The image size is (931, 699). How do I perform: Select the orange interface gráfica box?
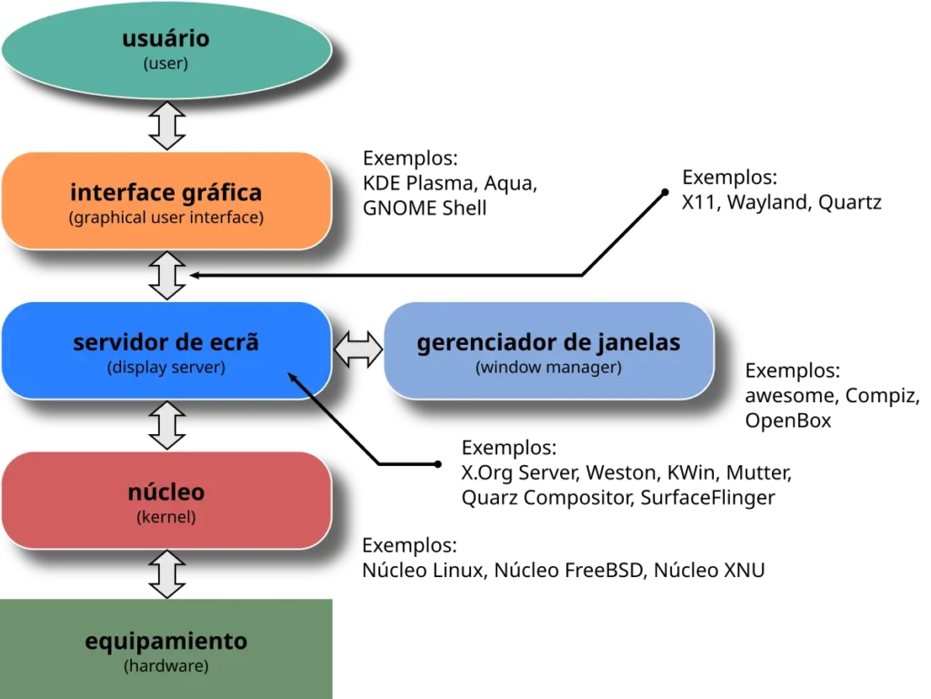(165, 200)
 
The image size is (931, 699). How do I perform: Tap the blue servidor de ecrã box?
(165, 349)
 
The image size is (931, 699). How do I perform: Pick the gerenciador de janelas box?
(547, 349)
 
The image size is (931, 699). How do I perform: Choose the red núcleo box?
(165, 501)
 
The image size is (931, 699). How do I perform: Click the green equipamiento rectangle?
(165, 648)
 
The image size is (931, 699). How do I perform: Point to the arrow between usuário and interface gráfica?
(167, 126)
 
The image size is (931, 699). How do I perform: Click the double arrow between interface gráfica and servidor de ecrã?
(167, 275)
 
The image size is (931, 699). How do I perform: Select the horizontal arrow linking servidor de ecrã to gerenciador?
(357, 349)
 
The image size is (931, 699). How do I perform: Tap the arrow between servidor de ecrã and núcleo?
(167, 425)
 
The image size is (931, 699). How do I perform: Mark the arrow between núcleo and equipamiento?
(167, 573)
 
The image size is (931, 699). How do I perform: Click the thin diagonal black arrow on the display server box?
(314, 398)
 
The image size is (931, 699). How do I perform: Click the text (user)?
(165, 65)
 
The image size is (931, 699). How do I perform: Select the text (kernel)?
(165, 517)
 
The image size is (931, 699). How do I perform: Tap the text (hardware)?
(165, 666)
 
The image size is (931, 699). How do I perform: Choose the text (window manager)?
(547, 368)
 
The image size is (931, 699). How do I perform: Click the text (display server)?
(165, 368)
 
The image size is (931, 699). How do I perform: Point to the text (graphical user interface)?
(165, 218)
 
